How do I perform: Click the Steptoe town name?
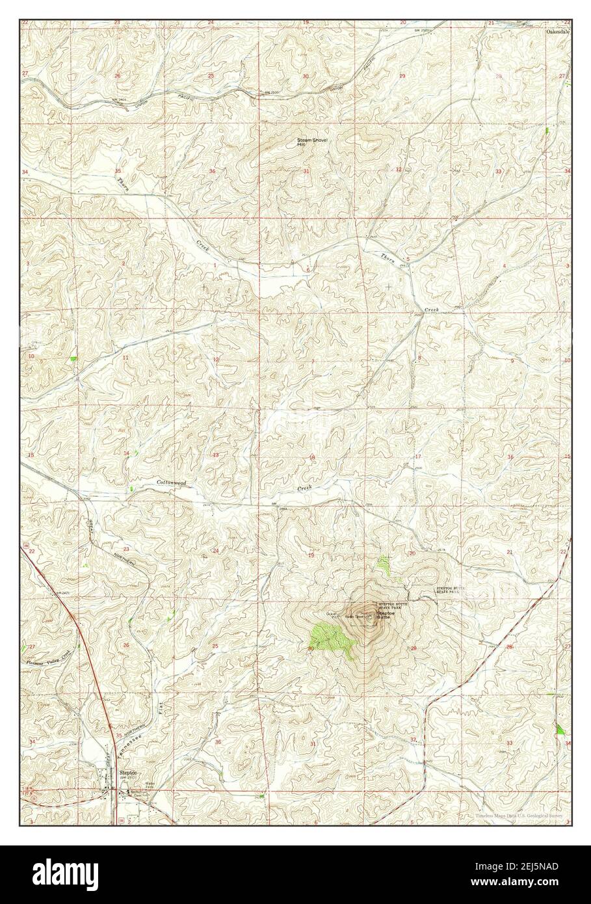tap(127, 772)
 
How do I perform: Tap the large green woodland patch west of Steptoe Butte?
tap(330, 638)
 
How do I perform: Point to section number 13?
tap(215, 455)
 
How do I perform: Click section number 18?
tap(312, 459)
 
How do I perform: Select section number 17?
tap(418, 457)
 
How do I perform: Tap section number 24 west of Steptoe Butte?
tap(215, 550)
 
